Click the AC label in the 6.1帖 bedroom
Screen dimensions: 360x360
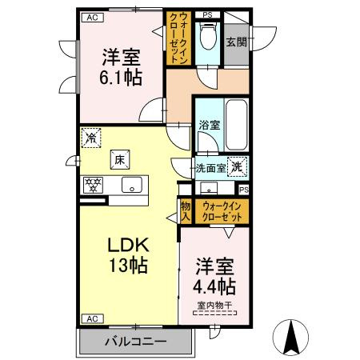click(x=92, y=18)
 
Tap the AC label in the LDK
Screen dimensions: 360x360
click(x=92, y=318)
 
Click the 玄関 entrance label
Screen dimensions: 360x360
click(x=237, y=42)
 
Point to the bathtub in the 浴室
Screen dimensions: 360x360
click(x=236, y=125)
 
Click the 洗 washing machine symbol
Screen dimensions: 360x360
click(x=237, y=167)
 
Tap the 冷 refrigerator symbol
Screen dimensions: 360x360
click(x=91, y=138)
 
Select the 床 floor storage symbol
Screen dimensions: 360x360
click(x=120, y=160)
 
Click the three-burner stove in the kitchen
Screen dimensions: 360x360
click(x=93, y=185)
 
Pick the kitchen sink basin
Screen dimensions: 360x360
click(x=132, y=185)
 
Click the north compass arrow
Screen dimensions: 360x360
click(x=290, y=338)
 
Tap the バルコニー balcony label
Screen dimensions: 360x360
click(x=136, y=341)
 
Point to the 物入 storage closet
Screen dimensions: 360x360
click(x=186, y=211)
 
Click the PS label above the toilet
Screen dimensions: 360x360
click(x=207, y=15)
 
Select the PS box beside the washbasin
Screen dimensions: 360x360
click(x=244, y=190)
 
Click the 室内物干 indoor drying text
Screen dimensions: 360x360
click(x=214, y=306)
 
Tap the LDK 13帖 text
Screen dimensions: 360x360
click(x=128, y=255)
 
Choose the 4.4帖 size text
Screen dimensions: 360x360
click(x=214, y=286)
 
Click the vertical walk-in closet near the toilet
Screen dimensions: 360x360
click(x=178, y=38)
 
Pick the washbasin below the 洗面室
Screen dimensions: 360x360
click(x=209, y=188)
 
